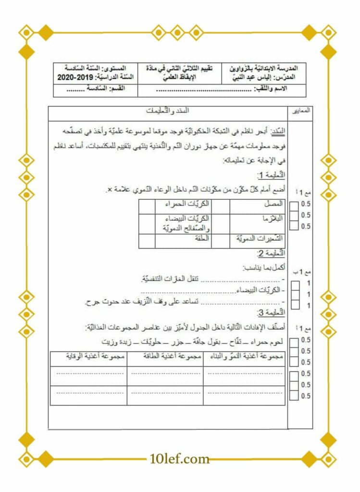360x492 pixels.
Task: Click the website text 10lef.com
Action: coord(180,459)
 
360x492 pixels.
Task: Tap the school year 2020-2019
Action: coord(75,77)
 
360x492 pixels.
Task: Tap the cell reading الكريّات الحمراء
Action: coord(183,204)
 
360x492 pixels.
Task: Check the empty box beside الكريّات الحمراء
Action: coord(146,205)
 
